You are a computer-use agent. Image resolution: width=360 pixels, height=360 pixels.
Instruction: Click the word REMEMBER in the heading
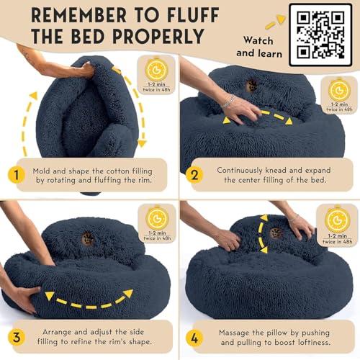(69, 15)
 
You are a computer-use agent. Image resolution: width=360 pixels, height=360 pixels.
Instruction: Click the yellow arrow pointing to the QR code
(274, 23)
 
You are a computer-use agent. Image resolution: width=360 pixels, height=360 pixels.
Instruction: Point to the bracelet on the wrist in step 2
(228, 102)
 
